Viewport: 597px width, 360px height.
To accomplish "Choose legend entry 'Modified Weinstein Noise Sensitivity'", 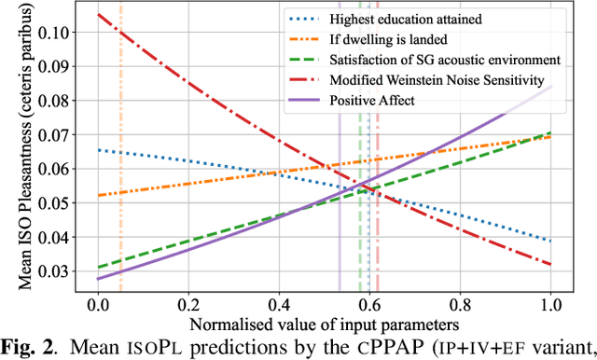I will coord(435,80).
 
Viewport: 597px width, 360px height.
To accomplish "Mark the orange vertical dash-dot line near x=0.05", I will coord(120,187).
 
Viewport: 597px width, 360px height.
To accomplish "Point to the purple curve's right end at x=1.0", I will coord(550,87).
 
